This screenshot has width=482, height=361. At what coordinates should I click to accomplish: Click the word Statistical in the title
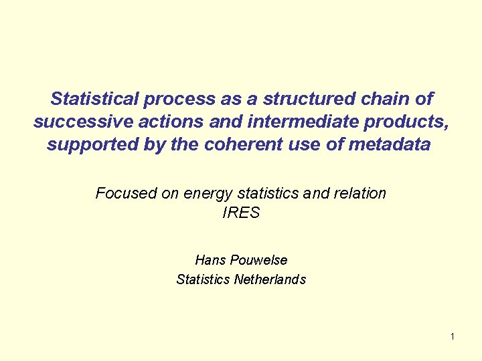(94, 99)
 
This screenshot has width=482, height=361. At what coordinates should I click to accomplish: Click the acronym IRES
(240, 214)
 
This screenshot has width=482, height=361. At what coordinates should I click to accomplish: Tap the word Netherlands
(270, 279)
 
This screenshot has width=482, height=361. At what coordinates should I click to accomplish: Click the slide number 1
(452, 336)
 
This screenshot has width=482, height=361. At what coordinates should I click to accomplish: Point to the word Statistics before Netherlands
(203, 279)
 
